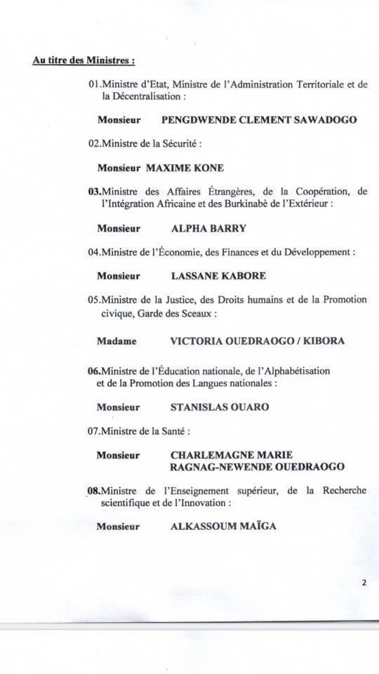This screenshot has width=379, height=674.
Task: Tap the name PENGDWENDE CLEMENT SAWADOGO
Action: [259, 119]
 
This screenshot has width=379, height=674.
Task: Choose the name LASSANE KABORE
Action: [218, 275]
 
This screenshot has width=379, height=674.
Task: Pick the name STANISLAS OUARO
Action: [220, 407]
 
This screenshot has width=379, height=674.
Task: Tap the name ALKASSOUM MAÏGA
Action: [223, 525]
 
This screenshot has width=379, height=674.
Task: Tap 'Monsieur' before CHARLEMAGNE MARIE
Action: [119, 454]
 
